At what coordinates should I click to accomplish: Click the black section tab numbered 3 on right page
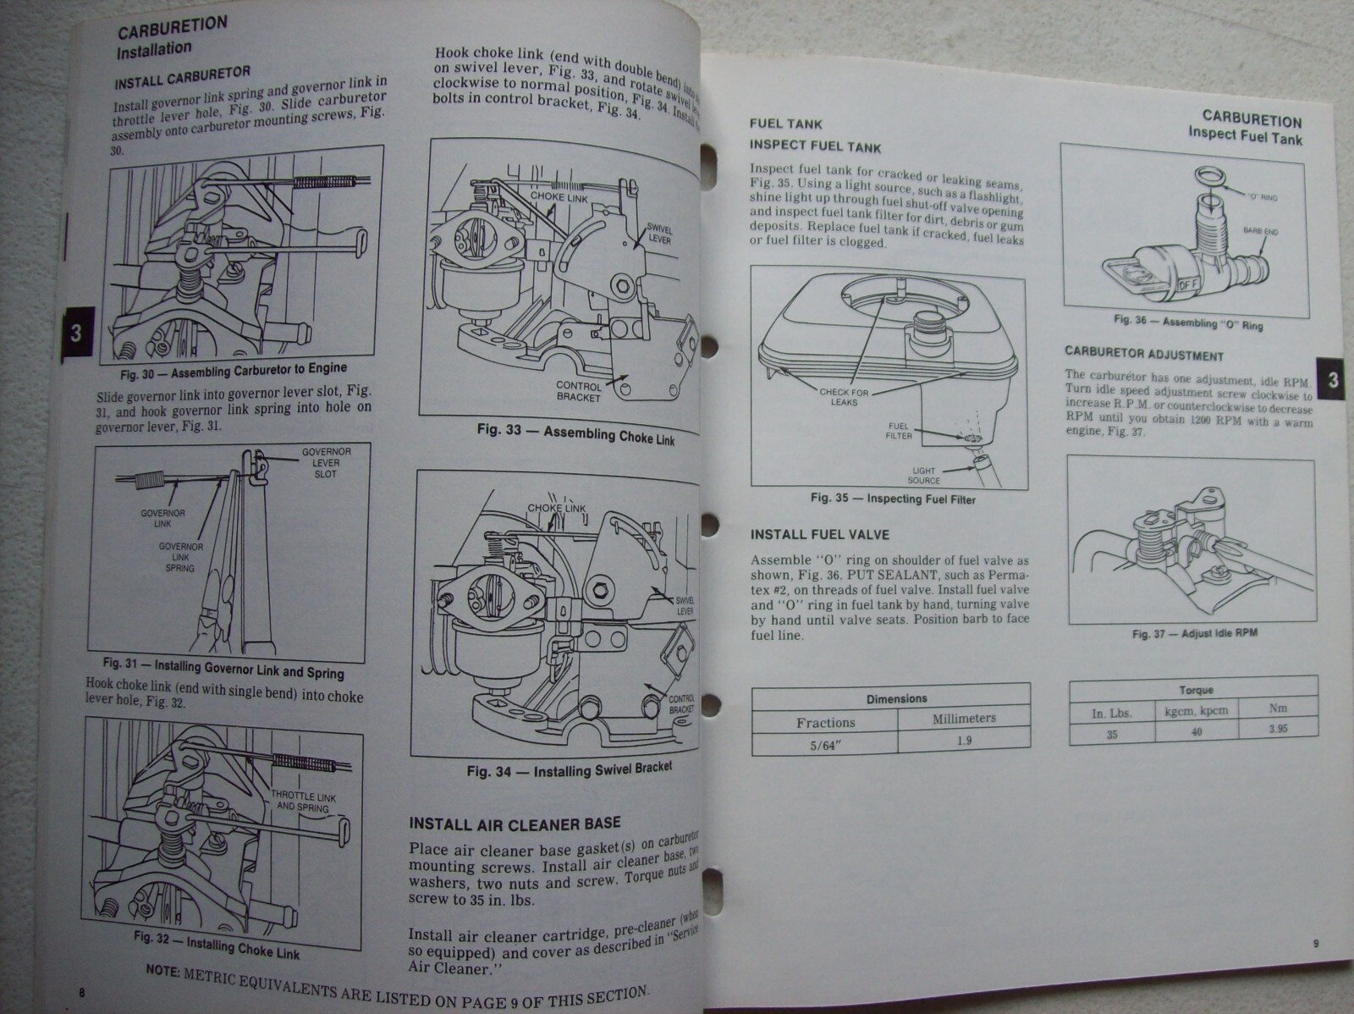1333,379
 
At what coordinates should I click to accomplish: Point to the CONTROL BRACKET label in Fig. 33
579,391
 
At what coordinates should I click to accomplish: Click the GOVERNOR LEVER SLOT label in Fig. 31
325,462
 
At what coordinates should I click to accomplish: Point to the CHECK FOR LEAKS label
844,397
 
